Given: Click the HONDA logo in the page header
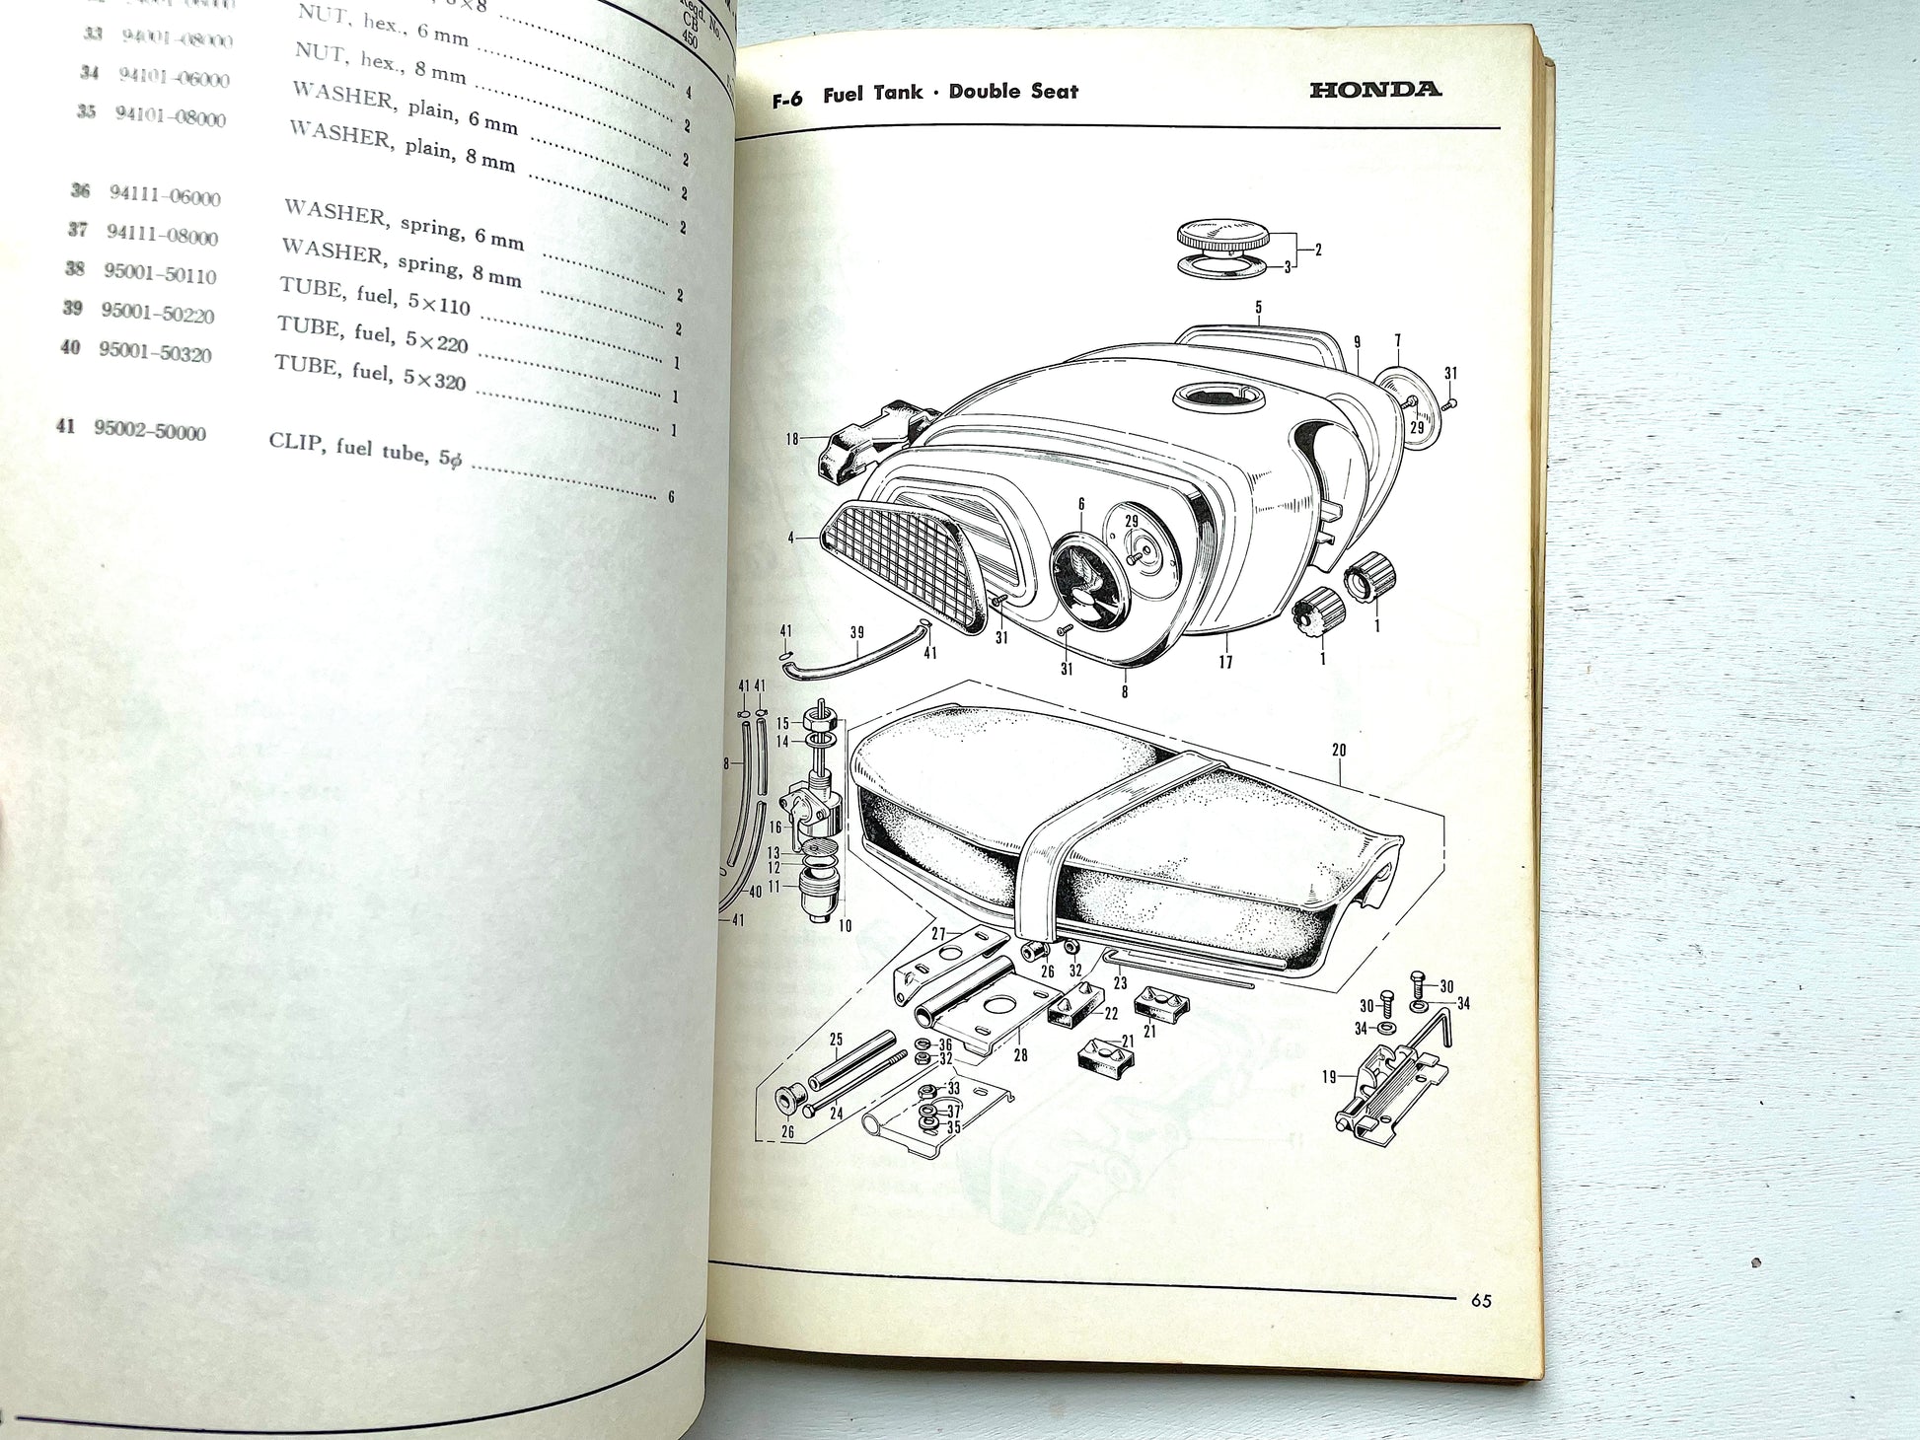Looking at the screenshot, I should pyautogui.click(x=1374, y=90).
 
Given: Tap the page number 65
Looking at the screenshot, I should pyautogui.click(x=1480, y=1301).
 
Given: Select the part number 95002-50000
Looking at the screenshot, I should pyautogui.click(x=150, y=431).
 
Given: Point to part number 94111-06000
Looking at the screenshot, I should pyautogui.click(x=165, y=195).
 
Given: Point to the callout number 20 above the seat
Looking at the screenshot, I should pyautogui.click(x=1339, y=750).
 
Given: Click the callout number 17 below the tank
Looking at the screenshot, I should pyautogui.click(x=1225, y=662).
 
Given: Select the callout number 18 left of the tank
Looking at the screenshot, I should pyautogui.click(x=791, y=439).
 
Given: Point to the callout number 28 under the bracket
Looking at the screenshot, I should pyautogui.click(x=1020, y=1054).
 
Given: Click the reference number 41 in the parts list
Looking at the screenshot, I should pyautogui.click(x=66, y=426).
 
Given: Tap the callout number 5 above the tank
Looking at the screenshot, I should pyautogui.click(x=1258, y=308).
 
